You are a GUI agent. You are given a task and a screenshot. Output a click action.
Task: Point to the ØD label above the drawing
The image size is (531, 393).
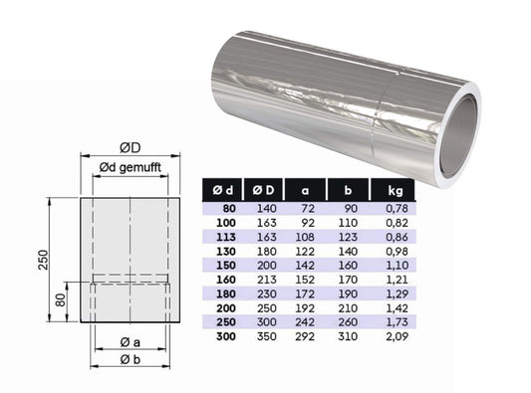[130, 144]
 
